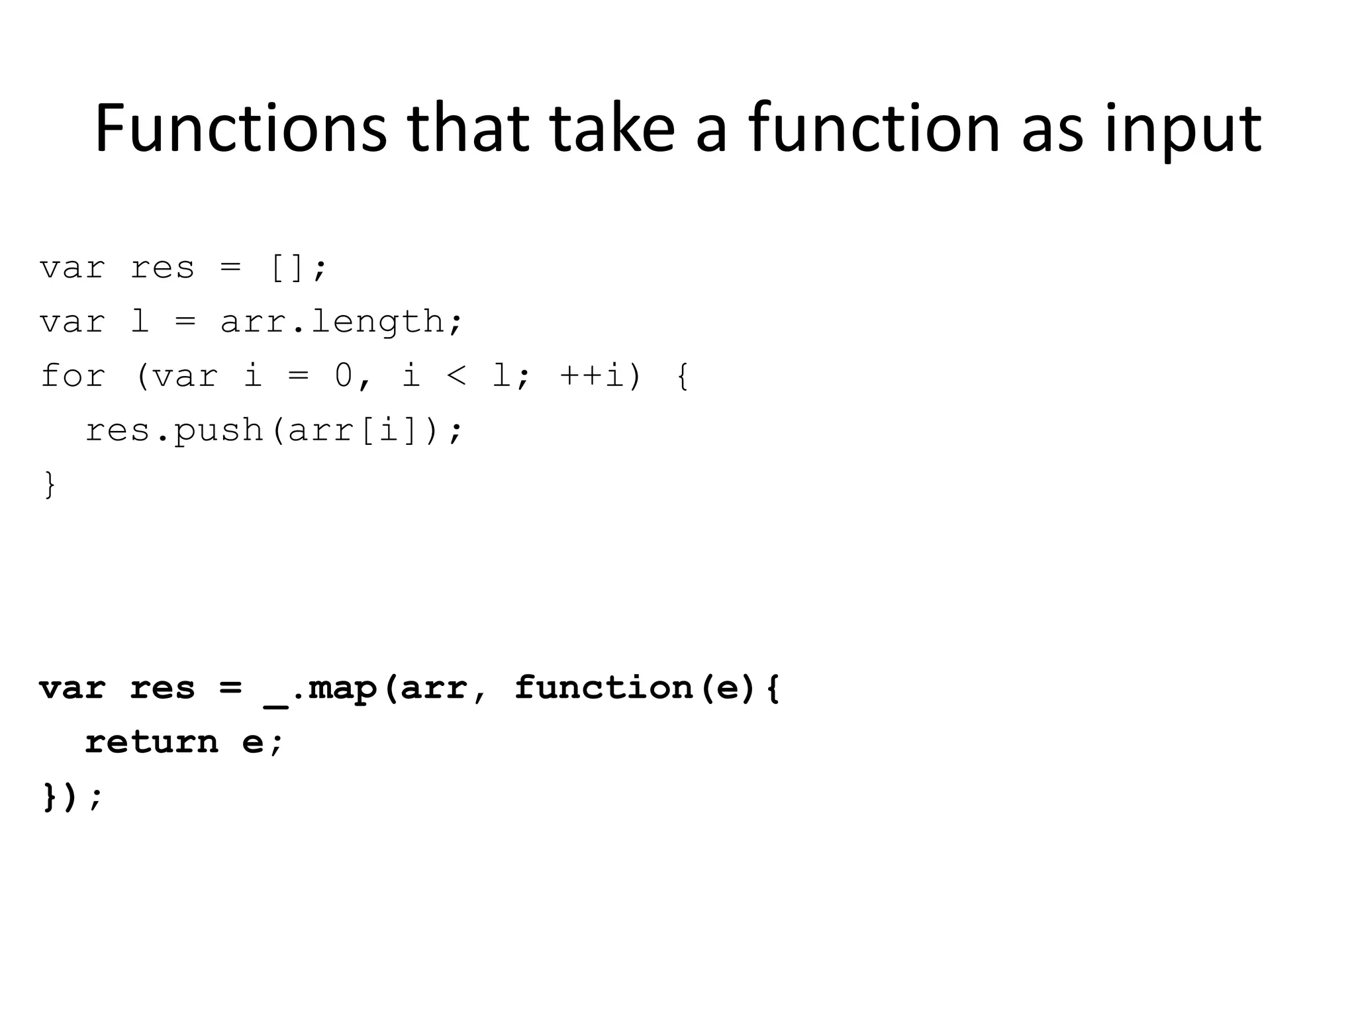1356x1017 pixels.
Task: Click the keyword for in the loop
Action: pos(73,376)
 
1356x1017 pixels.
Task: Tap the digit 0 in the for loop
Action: pos(344,376)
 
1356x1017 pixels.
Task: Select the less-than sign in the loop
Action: pos(457,376)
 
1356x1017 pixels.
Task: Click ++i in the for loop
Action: pos(593,376)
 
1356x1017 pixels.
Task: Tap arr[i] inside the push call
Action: pos(354,430)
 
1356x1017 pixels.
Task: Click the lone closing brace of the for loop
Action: pos(50,484)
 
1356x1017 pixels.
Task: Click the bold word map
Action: pos(342,688)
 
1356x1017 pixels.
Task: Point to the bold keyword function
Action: pos(603,688)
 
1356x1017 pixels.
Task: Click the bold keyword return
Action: pos(152,742)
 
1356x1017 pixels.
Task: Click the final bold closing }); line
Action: pos(72,797)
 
